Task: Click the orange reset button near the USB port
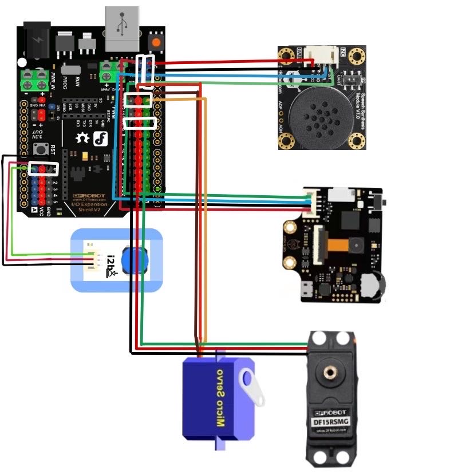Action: pos(155,42)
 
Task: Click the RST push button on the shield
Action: pos(41,150)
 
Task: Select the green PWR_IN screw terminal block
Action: pos(34,80)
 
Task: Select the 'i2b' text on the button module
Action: pos(110,264)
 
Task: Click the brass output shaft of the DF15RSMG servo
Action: pos(330,373)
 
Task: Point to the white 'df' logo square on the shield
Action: pos(101,138)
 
